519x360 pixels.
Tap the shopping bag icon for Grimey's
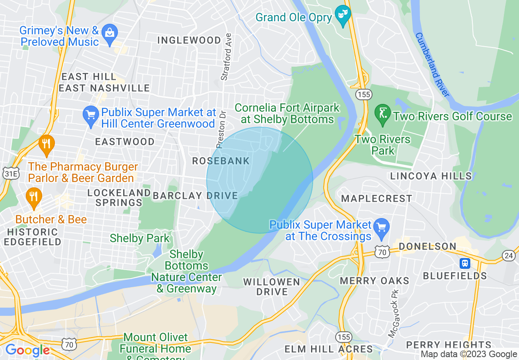pos(110,33)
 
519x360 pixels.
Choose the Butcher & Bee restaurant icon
pos(34,197)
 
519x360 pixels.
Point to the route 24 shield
pos(508,256)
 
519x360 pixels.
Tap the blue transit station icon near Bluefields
pos(465,263)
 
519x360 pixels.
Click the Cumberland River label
pos(432,65)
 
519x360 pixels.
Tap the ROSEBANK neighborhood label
pos(221,161)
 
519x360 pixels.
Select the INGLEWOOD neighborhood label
pos(189,40)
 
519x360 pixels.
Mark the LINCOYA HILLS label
pos(431,176)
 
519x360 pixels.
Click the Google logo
pos(27,351)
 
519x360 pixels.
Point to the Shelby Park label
pos(140,238)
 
